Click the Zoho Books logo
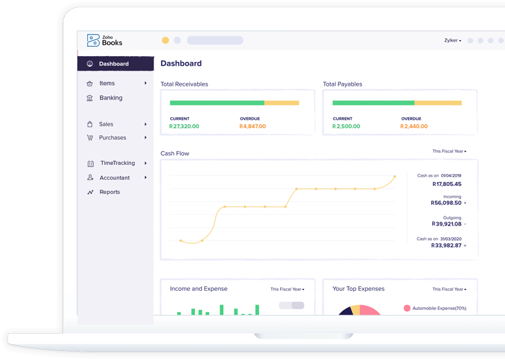104,41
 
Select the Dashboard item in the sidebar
114,64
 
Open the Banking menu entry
111,98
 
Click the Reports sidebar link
109,192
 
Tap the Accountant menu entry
114,177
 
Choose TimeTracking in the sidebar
117,163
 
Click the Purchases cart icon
90,138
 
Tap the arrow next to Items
146,83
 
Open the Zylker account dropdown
452,41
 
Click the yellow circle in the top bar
165,40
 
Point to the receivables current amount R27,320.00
184,126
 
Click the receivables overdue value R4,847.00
252,126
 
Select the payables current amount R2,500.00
346,126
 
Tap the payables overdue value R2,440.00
414,126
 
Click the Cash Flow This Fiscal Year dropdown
449,151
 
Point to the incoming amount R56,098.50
446,203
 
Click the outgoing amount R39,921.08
446,224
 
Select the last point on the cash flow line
395,177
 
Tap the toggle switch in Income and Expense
291,305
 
